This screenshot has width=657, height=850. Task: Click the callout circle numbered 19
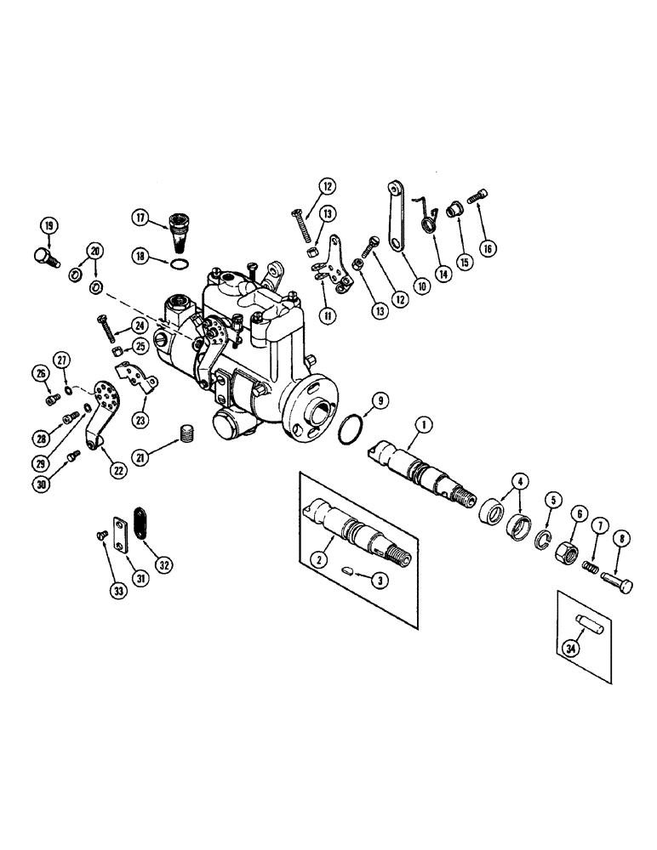(48, 226)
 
